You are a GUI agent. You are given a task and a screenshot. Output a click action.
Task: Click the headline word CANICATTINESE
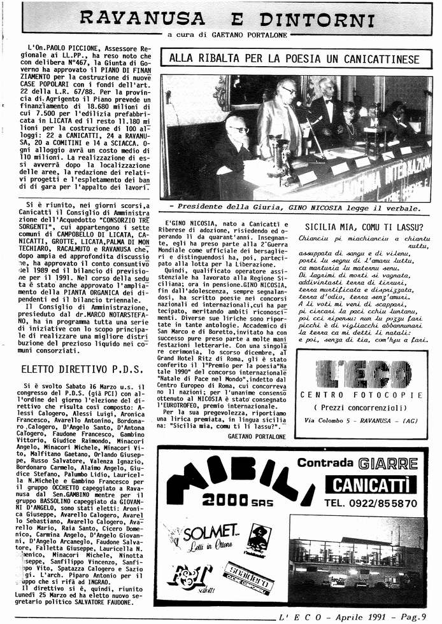[x=375, y=60]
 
